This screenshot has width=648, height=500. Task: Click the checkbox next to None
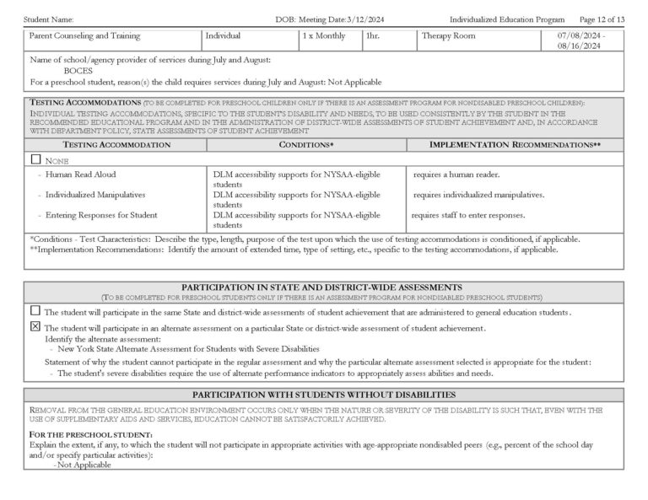pos(35,159)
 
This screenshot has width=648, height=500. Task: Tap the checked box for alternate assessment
pos(35,326)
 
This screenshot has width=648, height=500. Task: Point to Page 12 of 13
pos(602,19)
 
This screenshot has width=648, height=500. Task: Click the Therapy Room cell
pos(448,36)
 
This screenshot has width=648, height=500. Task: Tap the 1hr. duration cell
pos(374,36)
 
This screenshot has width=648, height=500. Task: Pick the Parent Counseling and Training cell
pos(84,36)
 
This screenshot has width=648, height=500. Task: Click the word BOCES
pos(78,71)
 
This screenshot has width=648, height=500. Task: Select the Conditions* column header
pos(306,145)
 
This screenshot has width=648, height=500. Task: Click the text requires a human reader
pos(456,175)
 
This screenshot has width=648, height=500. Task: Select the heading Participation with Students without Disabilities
pos(324,395)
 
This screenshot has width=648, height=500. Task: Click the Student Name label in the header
pos(49,19)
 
